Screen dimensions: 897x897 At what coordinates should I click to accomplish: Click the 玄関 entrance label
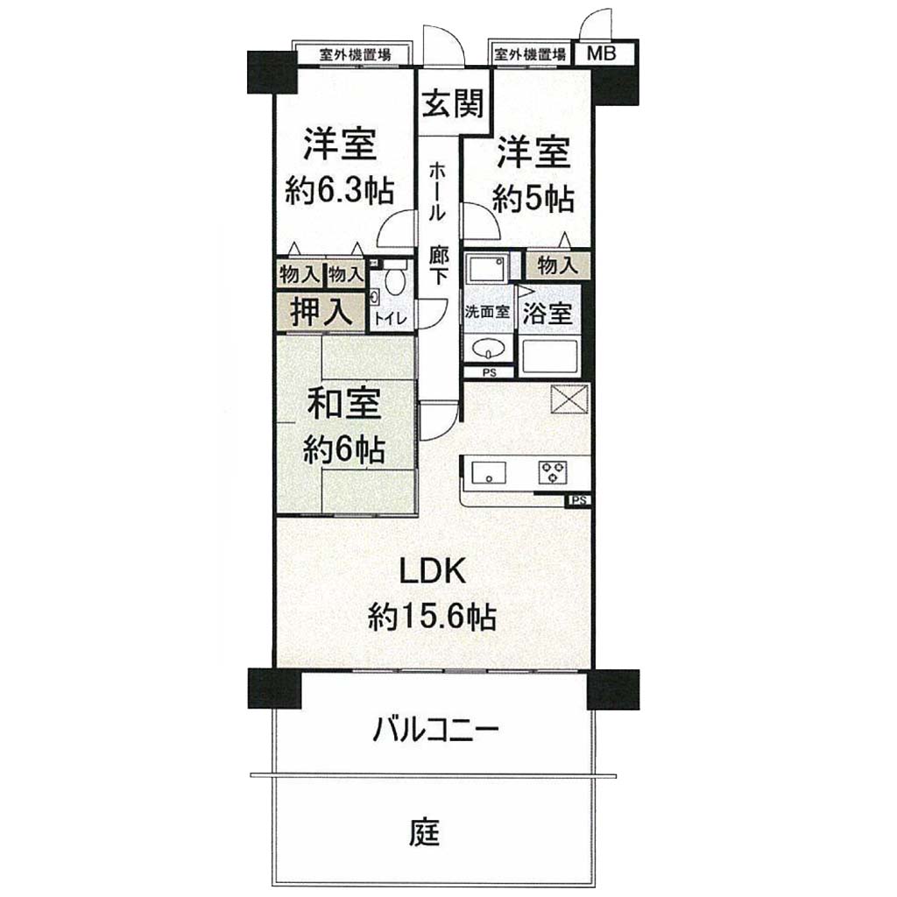pyautogui.click(x=453, y=103)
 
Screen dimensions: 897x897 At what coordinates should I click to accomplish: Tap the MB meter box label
pyautogui.click(x=602, y=53)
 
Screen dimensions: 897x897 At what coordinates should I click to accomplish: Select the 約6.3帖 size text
pyautogui.click(x=340, y=191)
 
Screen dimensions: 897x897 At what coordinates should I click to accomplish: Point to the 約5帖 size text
pyautogui.click(x=533, y=200)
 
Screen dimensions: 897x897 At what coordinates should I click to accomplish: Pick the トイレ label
pyautogui.click(x=392, y=318)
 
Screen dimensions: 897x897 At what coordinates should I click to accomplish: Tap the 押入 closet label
pyautogui.click(x=321, y=312)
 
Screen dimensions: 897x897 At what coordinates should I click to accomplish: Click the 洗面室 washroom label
pyautogui.click(x=486, y=313)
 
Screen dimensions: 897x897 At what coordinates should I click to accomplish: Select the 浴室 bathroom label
pyautogui.click(x=547, y=313)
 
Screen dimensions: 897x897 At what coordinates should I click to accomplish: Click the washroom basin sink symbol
pyautogui.click(x=487, y=347)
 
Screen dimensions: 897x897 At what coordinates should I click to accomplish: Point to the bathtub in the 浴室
pyautogui.click(x=549, y=357)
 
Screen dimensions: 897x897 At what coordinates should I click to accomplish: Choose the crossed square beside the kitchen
pyautogui.click(x=569, y=398)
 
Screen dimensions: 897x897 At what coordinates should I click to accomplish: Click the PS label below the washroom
pyautogui.click(x=489, y=372)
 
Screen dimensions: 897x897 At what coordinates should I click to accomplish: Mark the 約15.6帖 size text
pyautogui.click(x=432, y=618)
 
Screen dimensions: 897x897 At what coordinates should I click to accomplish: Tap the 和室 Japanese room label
pyautogui.click(x=344, y=403)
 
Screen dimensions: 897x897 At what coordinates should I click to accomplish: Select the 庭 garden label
pyautogui.click(x=424, y=832)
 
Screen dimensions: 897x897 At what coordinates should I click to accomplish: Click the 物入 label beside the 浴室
pyautogui.click(x=555, y=265)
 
